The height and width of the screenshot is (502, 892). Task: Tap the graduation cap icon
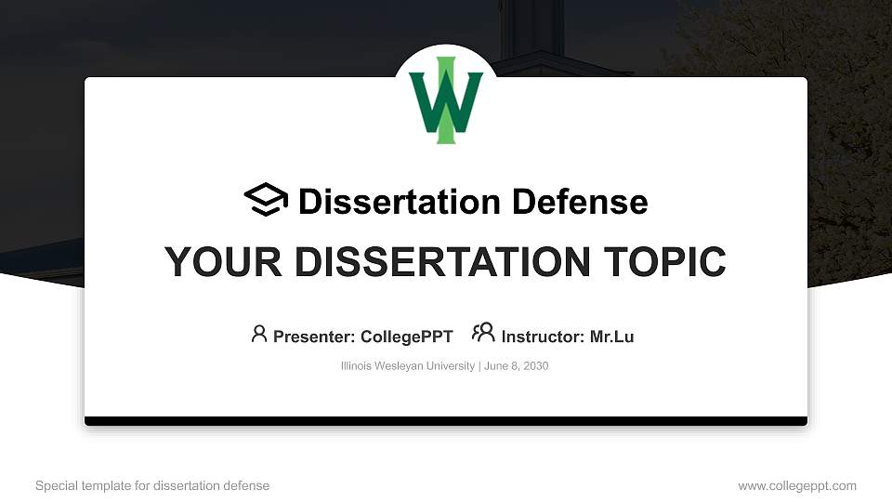(x=266, y=200)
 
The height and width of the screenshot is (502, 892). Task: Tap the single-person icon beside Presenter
(x=259, y=334)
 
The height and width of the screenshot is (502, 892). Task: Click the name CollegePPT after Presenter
(x=406, y=337)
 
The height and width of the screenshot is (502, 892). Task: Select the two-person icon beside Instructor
(x=483, y=334)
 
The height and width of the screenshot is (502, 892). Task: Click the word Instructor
(x=541, y=337)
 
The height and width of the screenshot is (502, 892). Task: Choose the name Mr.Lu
(x=611, y=337)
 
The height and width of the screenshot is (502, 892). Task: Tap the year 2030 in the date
(x=535, y=366)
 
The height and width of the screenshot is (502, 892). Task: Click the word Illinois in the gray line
(x=358, y=366)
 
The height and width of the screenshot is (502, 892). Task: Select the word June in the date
(x=496, y=366)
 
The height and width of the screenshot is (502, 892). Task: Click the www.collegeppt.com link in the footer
(x=797, y=486)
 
